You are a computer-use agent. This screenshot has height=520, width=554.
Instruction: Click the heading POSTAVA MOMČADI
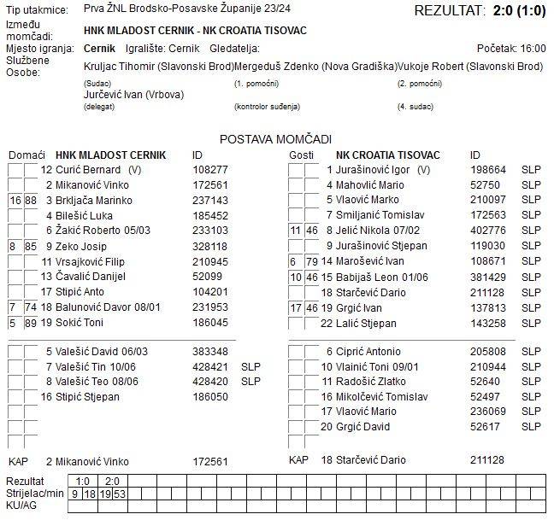[x=275, y=138]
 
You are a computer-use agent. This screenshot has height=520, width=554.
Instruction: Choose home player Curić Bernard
[x=88, y=169]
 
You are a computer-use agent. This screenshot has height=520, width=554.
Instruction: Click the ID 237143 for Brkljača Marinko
[x=210, y=200]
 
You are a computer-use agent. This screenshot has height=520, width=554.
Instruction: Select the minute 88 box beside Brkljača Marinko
[x=31, y=200]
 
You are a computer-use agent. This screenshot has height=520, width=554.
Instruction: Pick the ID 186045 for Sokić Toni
[x=210, y=323]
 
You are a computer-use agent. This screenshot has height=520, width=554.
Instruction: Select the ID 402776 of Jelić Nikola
[x=488, y=231]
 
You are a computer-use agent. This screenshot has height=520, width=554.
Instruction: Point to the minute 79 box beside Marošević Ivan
[x=311, y=261]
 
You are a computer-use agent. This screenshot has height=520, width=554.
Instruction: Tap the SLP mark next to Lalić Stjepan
[x=532, y=323]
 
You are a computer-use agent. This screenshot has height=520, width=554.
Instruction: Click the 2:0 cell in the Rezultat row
[x=112, y=482]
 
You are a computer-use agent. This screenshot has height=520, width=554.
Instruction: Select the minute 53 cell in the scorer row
[x=120, y=494]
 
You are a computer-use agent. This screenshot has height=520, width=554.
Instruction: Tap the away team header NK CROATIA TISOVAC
[x=387, y=155]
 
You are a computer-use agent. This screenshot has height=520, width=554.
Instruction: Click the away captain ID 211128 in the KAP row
[x=487, y=460]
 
